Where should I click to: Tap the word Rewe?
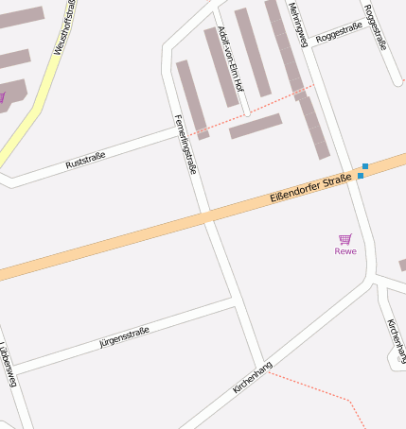[345, 251]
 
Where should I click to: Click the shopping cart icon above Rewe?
[345, 239]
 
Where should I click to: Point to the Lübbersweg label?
[9, 365]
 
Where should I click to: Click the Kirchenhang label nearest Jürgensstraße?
[253, 377]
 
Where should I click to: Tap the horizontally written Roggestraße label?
[340, 36]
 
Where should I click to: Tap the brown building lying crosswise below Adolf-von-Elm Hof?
[256, 126]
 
